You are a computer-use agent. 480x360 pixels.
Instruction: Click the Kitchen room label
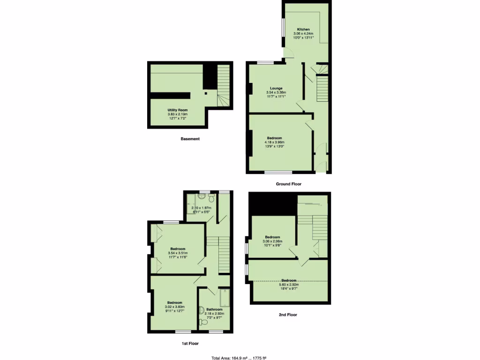[x=303, y=30]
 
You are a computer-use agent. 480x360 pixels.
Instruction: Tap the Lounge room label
[x=276, y=88]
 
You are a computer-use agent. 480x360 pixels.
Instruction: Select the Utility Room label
[x=178, y=110]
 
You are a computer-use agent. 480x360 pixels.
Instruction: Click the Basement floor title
[x=190, y=139]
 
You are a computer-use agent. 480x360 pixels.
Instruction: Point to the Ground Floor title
[x=289, y=185]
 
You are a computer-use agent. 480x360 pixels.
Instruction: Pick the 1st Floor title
[x=190, y=344]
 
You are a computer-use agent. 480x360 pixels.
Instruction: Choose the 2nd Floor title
[x=288, y=315]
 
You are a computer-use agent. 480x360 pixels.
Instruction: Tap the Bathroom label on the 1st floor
[x=214, y=309]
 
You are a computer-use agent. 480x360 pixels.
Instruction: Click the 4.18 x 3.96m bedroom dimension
[x=274, y=142]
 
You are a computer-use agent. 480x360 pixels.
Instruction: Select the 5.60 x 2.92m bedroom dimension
[x=289, y=285]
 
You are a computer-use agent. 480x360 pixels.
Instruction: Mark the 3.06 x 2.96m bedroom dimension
[x=272, y=241]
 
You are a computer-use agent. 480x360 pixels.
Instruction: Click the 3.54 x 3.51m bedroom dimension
[x=178, y=253]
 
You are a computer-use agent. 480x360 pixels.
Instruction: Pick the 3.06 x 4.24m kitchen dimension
[x=303, y=34]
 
